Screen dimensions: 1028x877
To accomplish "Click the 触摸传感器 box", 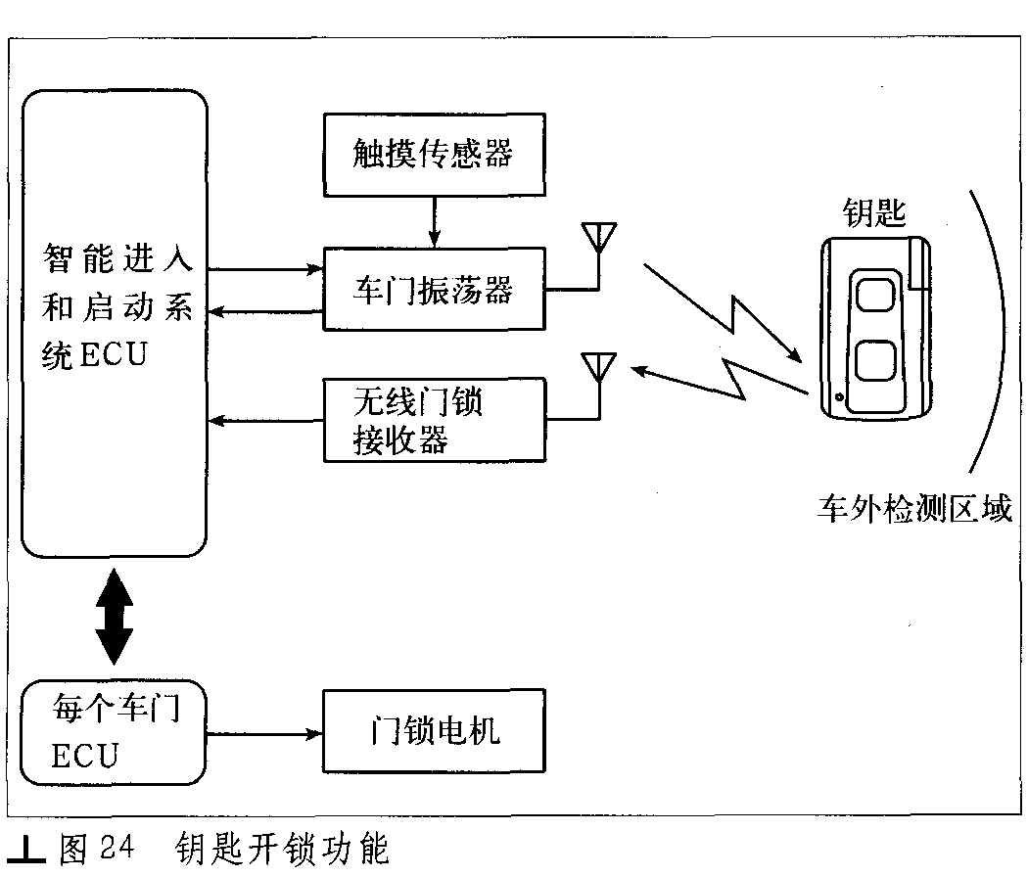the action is (x=434, y=155).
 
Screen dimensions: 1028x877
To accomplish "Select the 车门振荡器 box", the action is (x=434, y=289).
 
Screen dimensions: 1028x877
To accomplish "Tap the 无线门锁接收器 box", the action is (x=434, y=420).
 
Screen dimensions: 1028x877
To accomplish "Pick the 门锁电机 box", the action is (x=434, y=730).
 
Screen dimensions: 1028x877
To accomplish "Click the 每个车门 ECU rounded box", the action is (x=114, y=732).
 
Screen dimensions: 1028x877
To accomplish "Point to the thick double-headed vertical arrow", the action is (x=115, y=616).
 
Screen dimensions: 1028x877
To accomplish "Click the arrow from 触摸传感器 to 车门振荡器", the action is (x=434, y=221).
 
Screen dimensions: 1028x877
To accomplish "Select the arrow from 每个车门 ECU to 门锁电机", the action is (x=264, y=734).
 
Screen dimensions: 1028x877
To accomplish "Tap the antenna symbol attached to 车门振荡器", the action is (x=598, y=255).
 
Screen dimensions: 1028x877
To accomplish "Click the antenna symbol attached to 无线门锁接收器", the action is (x=598, y=386).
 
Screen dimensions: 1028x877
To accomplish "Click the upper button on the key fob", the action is (x=876, y=295).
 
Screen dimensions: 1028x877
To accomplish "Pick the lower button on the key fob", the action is (x=876, y=360).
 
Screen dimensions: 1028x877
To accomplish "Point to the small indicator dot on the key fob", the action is (x=839, y=397).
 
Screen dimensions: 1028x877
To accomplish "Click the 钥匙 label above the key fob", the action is (x=874, y=213).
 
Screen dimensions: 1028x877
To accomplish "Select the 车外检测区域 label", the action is (x=914, y=509).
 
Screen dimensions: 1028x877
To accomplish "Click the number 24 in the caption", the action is (x=117, y=847).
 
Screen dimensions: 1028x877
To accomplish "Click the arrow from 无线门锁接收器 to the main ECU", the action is (x=265, y=421).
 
